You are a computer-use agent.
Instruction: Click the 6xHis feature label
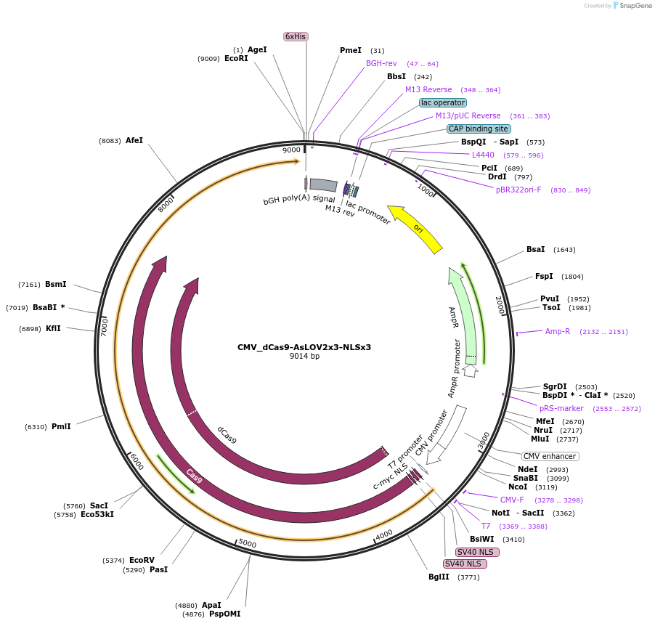click(296, 36)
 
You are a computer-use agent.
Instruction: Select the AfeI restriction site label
click(134, 140)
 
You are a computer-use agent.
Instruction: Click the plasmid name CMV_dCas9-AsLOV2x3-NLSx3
click(304, 347)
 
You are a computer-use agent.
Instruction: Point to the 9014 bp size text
click(304, 356)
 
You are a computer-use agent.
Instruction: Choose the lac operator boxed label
click(443, 102)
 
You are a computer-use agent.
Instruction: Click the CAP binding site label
click(478, 129)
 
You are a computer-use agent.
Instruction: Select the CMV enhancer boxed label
click(550, 456)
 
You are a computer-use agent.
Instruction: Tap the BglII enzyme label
click(439, 577)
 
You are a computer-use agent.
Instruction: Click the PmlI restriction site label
click(61, 426)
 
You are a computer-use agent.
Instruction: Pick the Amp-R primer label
click(558, 331)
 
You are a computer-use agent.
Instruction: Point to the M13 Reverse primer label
click(428, 89)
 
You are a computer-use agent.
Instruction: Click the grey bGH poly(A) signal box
click(323, 185)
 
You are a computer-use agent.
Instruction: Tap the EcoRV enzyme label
click(142, 560)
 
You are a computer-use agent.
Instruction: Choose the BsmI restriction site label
click(55, 284)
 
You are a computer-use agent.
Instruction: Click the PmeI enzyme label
click(351, 50)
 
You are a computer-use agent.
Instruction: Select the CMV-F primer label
click(512, 500)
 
